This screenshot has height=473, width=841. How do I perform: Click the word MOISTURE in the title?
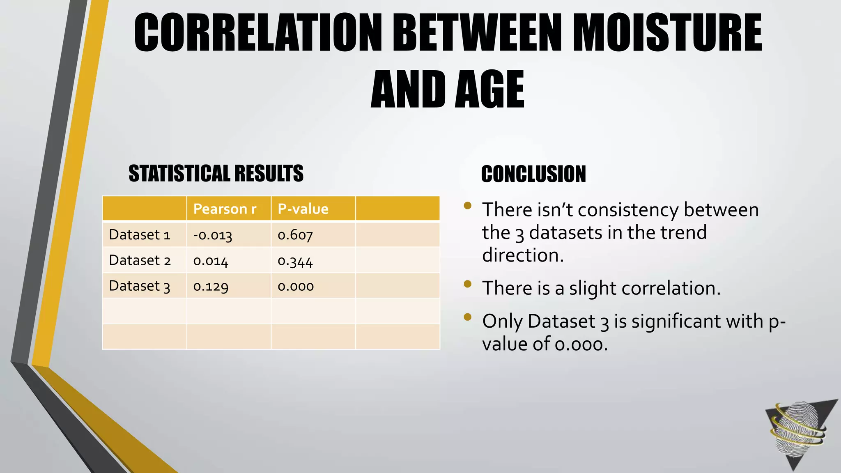pyautogui.click(x=667, y=33)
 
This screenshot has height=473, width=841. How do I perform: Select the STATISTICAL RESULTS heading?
pyautogui.click(x=216, y=173)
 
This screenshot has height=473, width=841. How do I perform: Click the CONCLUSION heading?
pyautogui.click(x=533, y=174)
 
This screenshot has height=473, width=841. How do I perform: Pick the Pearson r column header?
pyautogui.click(x=225, y=209)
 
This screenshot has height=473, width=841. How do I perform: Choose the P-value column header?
pyautogui.click(x=303, y=209)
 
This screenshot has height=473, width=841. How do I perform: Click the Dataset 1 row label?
pyautogui.click(x=140, y=235)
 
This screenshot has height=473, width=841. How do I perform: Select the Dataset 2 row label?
pyautogui.click(x=140, y=260)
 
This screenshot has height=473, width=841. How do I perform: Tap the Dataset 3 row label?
pyautogui.click(x=140, y=286)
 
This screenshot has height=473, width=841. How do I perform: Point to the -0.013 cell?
pyautogui.click(x=213, y=235)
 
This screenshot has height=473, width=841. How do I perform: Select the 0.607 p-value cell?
pyautogui.click(x=295, y=235)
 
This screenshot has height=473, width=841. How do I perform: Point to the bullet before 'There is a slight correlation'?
pyautogui.click(x=467, y=284)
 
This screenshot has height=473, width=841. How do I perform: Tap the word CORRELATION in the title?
pyautogui.click(x=258, y=33)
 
